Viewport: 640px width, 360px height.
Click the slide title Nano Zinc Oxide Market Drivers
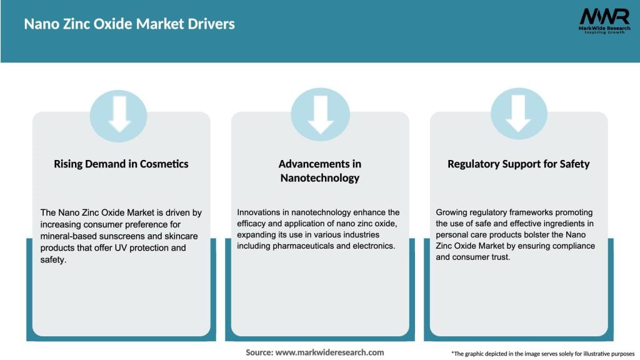point(129,24)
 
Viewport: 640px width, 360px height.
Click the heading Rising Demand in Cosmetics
point(121,164)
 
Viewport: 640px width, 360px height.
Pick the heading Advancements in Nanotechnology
point(320,171)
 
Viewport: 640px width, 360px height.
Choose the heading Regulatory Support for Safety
point(519,164)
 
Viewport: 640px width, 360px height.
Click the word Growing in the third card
point(452,212)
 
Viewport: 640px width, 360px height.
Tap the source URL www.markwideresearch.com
point(329,352)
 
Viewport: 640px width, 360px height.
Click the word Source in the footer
point(259,352)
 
